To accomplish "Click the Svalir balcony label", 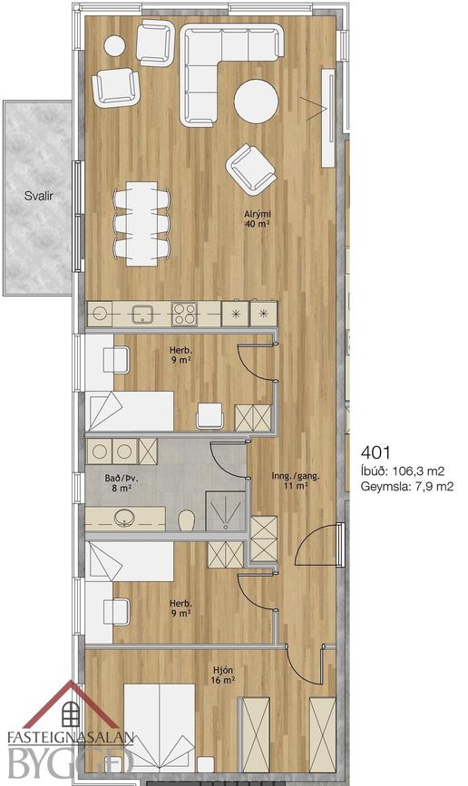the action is pyautogui.click(x=39, y=196).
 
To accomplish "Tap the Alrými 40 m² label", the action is pyautogui.click(x=258, y=219).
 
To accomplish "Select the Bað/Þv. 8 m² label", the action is pyautogui.click(x=122, y=482).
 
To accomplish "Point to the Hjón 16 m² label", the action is pyautogui.click(x=223, y=674).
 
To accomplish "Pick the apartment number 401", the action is pyautogui.click(x=375, y=452).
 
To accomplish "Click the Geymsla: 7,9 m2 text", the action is pyautogui.click(x=407, y=486).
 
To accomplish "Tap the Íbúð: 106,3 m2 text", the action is pyautogui.click(x=403, y=471).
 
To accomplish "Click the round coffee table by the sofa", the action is pyautogui.click(x=256, y=102).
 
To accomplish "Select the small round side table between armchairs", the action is pyautogui.click(x=114, y=45).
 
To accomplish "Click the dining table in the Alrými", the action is pyautogui.click(x=141, y=223).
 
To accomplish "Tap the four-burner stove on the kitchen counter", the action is pyautogui.click(x=184, y=314).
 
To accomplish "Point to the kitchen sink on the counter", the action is pyautogui.click(x=142, y=315).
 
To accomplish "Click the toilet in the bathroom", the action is pyautogui.click(x=186, y=519).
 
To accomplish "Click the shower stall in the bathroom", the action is pyautogui.click(x=226, y=510).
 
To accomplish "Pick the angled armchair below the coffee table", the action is pyautogui.click(x=251, y=169).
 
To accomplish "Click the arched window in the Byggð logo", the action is pyautogui.click(x=71, y=713).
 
